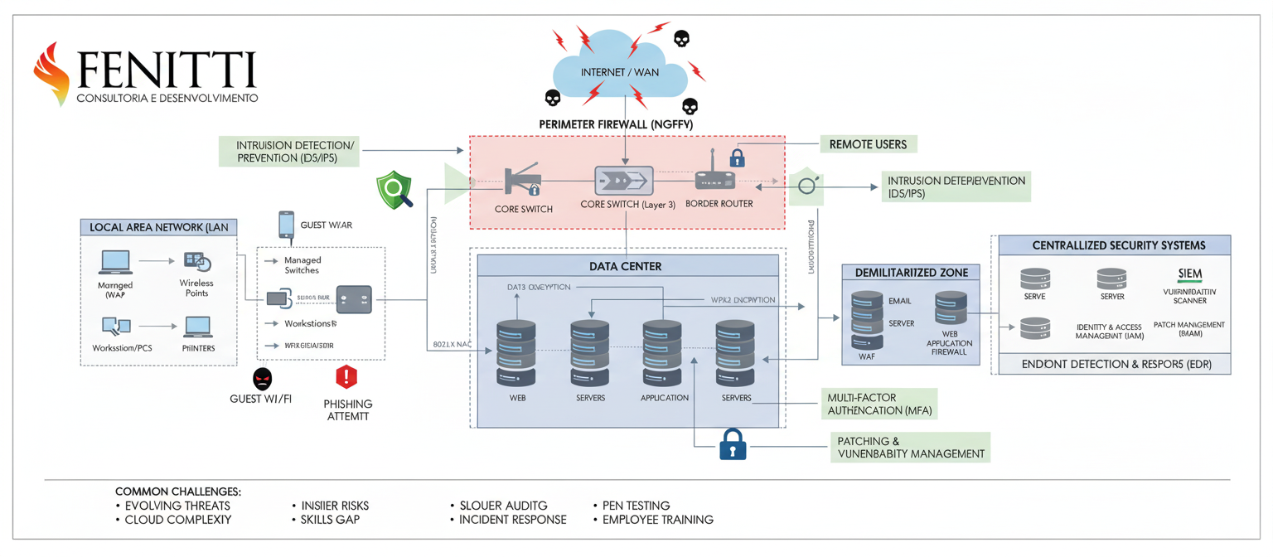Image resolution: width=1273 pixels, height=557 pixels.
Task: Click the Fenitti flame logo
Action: coord(51,74)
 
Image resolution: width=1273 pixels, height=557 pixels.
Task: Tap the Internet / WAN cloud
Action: coord(620,72)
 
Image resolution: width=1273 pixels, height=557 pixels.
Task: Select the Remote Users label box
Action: coord(868,144)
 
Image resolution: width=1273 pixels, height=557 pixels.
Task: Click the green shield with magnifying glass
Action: coord(394,190)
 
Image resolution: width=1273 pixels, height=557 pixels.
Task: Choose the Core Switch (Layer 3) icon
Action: coord(624,181)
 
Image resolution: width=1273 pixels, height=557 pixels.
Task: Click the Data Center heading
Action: coord(626,266)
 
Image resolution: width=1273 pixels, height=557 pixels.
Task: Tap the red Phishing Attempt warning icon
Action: coord(346,378)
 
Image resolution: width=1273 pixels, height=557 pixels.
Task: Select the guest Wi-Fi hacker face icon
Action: coord(262,379)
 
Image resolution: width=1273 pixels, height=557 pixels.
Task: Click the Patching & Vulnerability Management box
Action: coord(910,448)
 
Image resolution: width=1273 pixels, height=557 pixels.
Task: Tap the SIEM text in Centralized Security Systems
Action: coord(1189,274)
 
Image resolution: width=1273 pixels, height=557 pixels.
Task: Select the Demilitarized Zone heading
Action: coord(910,272)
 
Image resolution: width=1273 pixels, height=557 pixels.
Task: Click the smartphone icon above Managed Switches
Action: coord(286,225)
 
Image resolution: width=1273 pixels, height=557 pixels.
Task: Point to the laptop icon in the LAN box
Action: coord(115,262)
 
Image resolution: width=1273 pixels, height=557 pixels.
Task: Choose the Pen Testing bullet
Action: coord(631,506)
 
